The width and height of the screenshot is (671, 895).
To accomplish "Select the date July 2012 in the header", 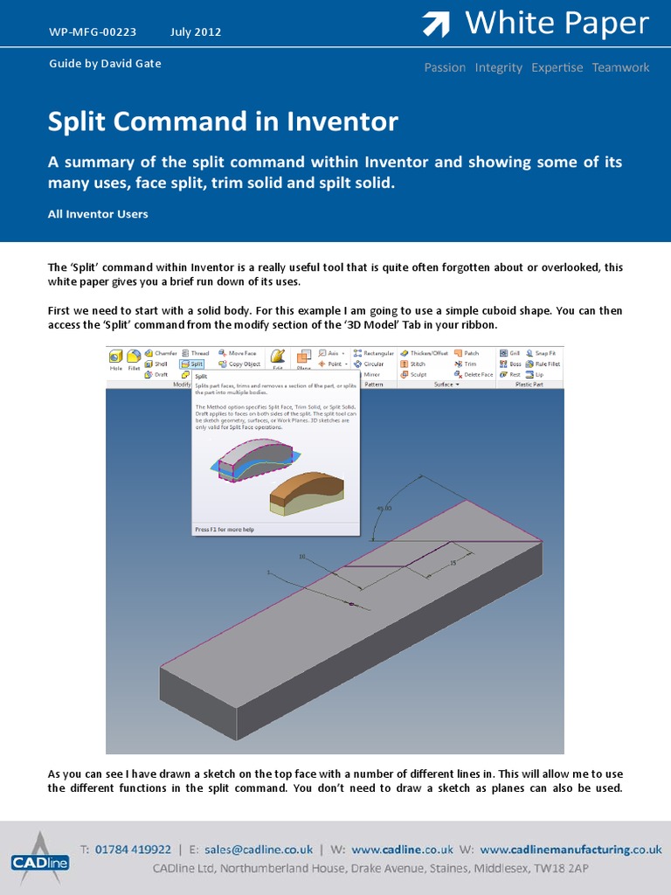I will [196, 32].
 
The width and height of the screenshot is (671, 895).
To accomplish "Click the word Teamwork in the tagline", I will [620, 67].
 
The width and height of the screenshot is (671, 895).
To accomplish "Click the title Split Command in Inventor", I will [223, 121].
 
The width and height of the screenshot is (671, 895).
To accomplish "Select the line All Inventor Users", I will [98, 214].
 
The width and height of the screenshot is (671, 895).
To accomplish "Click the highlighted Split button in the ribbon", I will [191, 364].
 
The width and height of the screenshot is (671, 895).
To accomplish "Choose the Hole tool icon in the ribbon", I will [116, 360].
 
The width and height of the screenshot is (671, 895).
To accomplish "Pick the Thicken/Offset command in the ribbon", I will [424, 353].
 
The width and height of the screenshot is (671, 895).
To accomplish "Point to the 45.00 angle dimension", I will [384, 508].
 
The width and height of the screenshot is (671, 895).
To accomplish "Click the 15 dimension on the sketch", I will [453, 564].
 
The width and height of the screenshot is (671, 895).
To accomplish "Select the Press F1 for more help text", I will [225, 529].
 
